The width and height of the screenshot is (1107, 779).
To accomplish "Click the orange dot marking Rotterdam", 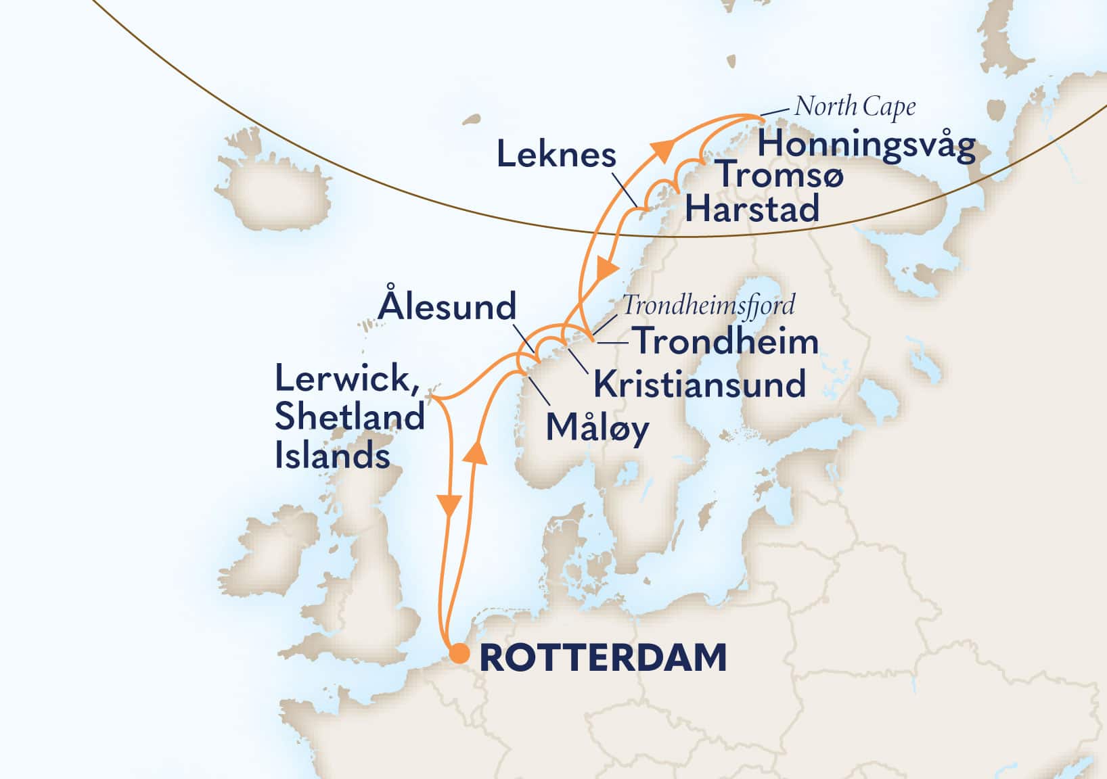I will click(459, 654).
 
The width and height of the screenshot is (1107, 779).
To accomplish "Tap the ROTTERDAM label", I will click(603, 657).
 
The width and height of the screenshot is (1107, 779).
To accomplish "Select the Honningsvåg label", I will click(866, 144).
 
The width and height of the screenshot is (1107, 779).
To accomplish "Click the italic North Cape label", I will click(855, 106).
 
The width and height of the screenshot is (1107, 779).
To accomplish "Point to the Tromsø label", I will click(780, 175).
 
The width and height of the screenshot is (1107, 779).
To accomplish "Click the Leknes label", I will click(556, 156).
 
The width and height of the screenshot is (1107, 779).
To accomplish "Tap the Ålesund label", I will click(447, 306).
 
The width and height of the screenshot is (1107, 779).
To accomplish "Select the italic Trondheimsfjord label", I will click(708, 305).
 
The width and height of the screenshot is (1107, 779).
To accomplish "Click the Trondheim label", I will click(727, 341).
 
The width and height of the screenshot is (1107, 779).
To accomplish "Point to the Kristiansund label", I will click(699, 384).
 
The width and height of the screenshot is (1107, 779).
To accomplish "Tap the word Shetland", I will click(349, 417).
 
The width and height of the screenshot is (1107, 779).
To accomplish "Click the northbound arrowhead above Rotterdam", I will click(476, 451).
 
